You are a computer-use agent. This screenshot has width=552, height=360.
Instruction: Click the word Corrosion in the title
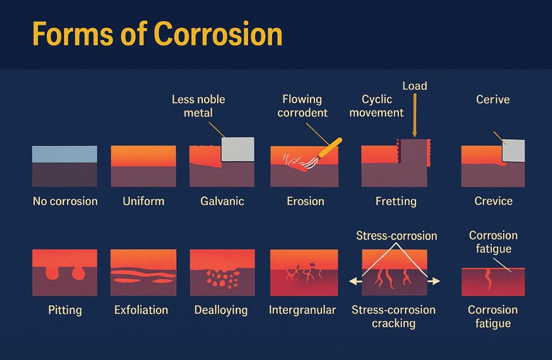(x=218, y=34)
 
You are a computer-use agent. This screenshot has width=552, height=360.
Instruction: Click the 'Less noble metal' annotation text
(x=198, y=106)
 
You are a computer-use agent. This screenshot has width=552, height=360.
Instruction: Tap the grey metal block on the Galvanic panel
(x=238, y=149)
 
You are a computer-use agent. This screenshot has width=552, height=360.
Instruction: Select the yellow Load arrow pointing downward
(x=415, y=116)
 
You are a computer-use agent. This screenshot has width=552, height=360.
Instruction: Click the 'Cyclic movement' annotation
(x=376, y=106)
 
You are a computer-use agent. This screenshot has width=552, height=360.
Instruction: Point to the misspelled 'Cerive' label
(x=493, y=100)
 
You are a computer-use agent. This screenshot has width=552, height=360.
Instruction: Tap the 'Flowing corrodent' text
(x=302, y=106)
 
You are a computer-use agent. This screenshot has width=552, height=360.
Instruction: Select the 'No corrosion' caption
(x=65, y=201)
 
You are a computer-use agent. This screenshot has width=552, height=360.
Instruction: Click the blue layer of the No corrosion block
(x=64, y=154)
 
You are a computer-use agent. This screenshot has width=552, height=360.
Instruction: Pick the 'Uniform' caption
(x=143, y=201)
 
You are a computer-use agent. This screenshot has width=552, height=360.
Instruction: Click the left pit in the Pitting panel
(x=52, y=272)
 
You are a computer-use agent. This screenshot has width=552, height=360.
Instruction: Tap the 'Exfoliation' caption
(x=141, y=310)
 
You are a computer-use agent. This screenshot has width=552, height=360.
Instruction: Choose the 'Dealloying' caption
(x=221, y=310)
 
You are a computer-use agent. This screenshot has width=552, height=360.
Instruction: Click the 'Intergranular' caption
(x=302, y=310)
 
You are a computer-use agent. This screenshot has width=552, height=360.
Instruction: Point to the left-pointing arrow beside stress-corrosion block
(x=355, y=281)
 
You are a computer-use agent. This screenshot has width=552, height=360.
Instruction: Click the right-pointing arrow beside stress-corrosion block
(x=434, y=281)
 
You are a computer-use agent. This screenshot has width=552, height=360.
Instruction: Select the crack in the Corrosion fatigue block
(x=488, y=279)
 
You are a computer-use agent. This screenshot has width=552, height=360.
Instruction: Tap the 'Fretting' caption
(x=396, y=201)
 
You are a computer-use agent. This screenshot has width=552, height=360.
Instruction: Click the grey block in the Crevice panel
(x=513, y=151)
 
